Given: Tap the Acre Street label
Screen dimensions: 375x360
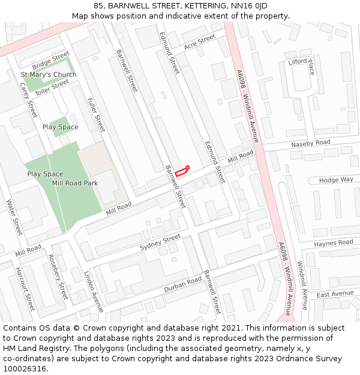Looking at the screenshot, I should [199, 42].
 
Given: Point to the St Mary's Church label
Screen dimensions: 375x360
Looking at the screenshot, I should [49, 74].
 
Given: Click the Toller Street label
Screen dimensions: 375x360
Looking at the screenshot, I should [52, 87].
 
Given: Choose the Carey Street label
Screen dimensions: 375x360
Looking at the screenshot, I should [28, 100].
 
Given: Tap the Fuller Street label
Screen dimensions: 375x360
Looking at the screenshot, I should [96, 115].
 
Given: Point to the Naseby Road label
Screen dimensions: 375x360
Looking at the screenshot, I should [311, 143].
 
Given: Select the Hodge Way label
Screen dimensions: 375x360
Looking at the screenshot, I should [336, 180].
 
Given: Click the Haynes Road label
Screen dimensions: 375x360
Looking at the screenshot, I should [334, 243].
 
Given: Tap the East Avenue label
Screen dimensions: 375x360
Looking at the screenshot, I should [335, 294].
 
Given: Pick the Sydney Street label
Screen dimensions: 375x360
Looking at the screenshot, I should [160, 242].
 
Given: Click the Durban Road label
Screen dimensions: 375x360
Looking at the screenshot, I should [183, 285].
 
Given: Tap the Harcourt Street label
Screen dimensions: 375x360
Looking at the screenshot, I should [25, 289].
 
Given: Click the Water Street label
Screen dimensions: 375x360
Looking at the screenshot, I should [14, 217].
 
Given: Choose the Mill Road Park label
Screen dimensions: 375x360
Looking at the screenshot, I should [75, 183].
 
